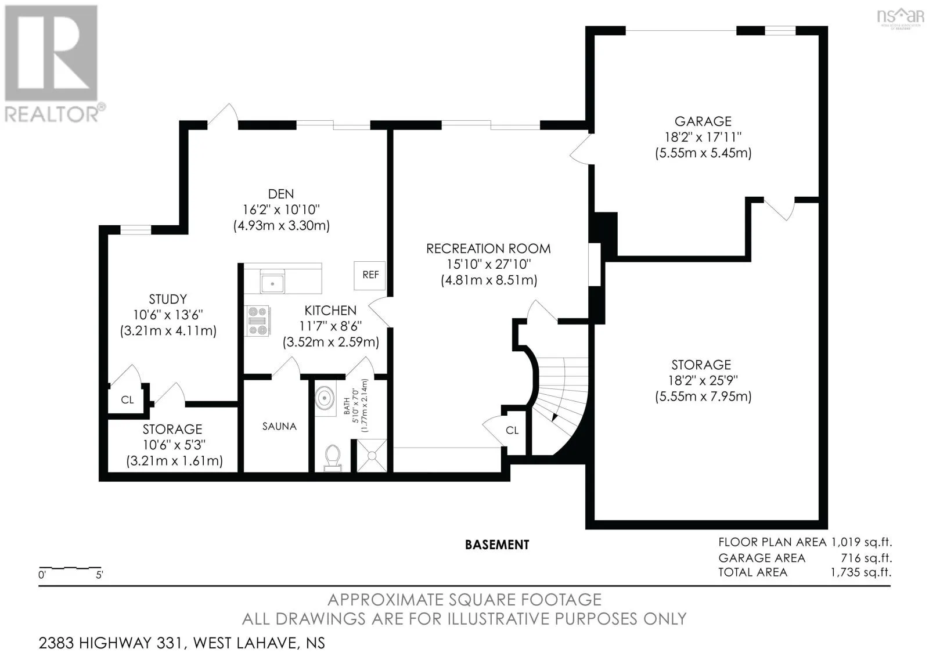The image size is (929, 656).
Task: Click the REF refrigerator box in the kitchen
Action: coord(369,275)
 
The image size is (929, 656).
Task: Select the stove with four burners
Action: coord(258,320)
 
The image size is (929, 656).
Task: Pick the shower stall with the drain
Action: coord(372,456)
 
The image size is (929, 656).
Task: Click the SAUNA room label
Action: coord(279,426)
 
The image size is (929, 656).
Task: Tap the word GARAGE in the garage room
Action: coord(703,121)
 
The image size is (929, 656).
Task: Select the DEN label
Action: coord(281,194)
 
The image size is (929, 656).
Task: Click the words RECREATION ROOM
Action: coord(488,249)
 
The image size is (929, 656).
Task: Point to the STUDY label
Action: coord(168,300)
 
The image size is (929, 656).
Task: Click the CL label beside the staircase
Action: coord(512,430)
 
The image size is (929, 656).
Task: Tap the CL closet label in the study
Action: coord(127,400)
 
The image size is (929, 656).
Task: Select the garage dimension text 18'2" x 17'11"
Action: coord(703,137)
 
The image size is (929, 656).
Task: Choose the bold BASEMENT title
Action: coord(497,545)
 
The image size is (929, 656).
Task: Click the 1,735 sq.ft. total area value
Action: coord(860,572)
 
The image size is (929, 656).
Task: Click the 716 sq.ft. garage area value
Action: coord(866,558)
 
